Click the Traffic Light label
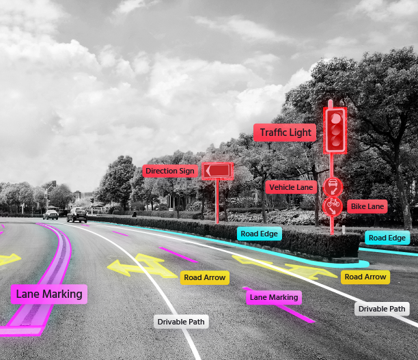(285, 133)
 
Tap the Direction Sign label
(170, 171)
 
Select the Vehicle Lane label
(291, 187)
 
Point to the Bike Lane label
(367, 206)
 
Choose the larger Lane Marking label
(49, 294)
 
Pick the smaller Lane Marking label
(274, 297)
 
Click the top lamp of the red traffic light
(335, 118)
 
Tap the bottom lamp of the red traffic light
(335, 141)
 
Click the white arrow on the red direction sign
(208, 171)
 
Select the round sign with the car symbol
(333, 187)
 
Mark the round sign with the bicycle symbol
(333, 206)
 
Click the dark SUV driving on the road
(77, 214)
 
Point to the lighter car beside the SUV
(51, 214)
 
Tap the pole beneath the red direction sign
(217, 201)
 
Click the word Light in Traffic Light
(299, 133)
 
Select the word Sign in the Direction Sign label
(186, 171)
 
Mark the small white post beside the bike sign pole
(344, 230)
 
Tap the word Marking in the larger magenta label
(63, 294)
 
